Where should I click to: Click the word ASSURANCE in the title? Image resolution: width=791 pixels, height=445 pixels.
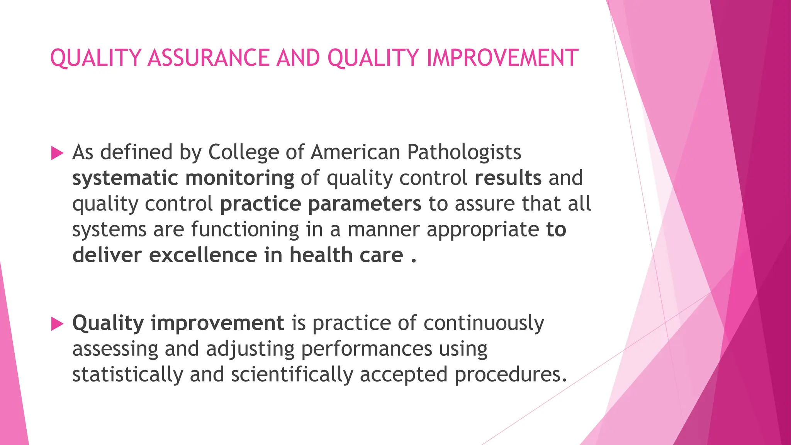208,58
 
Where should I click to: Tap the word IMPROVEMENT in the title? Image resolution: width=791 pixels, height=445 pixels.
502,58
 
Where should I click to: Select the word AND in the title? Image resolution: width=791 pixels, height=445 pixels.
298,58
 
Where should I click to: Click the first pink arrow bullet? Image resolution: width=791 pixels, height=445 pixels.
57,153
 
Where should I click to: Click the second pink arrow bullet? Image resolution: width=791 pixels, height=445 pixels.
57,324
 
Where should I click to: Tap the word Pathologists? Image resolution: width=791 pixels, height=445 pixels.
464,153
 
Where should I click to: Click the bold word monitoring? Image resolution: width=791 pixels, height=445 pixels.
239,178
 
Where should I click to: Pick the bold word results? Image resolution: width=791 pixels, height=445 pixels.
508,178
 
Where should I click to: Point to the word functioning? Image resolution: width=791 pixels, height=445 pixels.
245,230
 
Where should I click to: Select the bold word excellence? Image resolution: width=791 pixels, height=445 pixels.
203,255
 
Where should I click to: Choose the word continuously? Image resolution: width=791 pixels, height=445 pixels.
484,323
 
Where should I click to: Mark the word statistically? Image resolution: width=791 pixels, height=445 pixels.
127,375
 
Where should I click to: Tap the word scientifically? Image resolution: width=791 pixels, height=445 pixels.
292,375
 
